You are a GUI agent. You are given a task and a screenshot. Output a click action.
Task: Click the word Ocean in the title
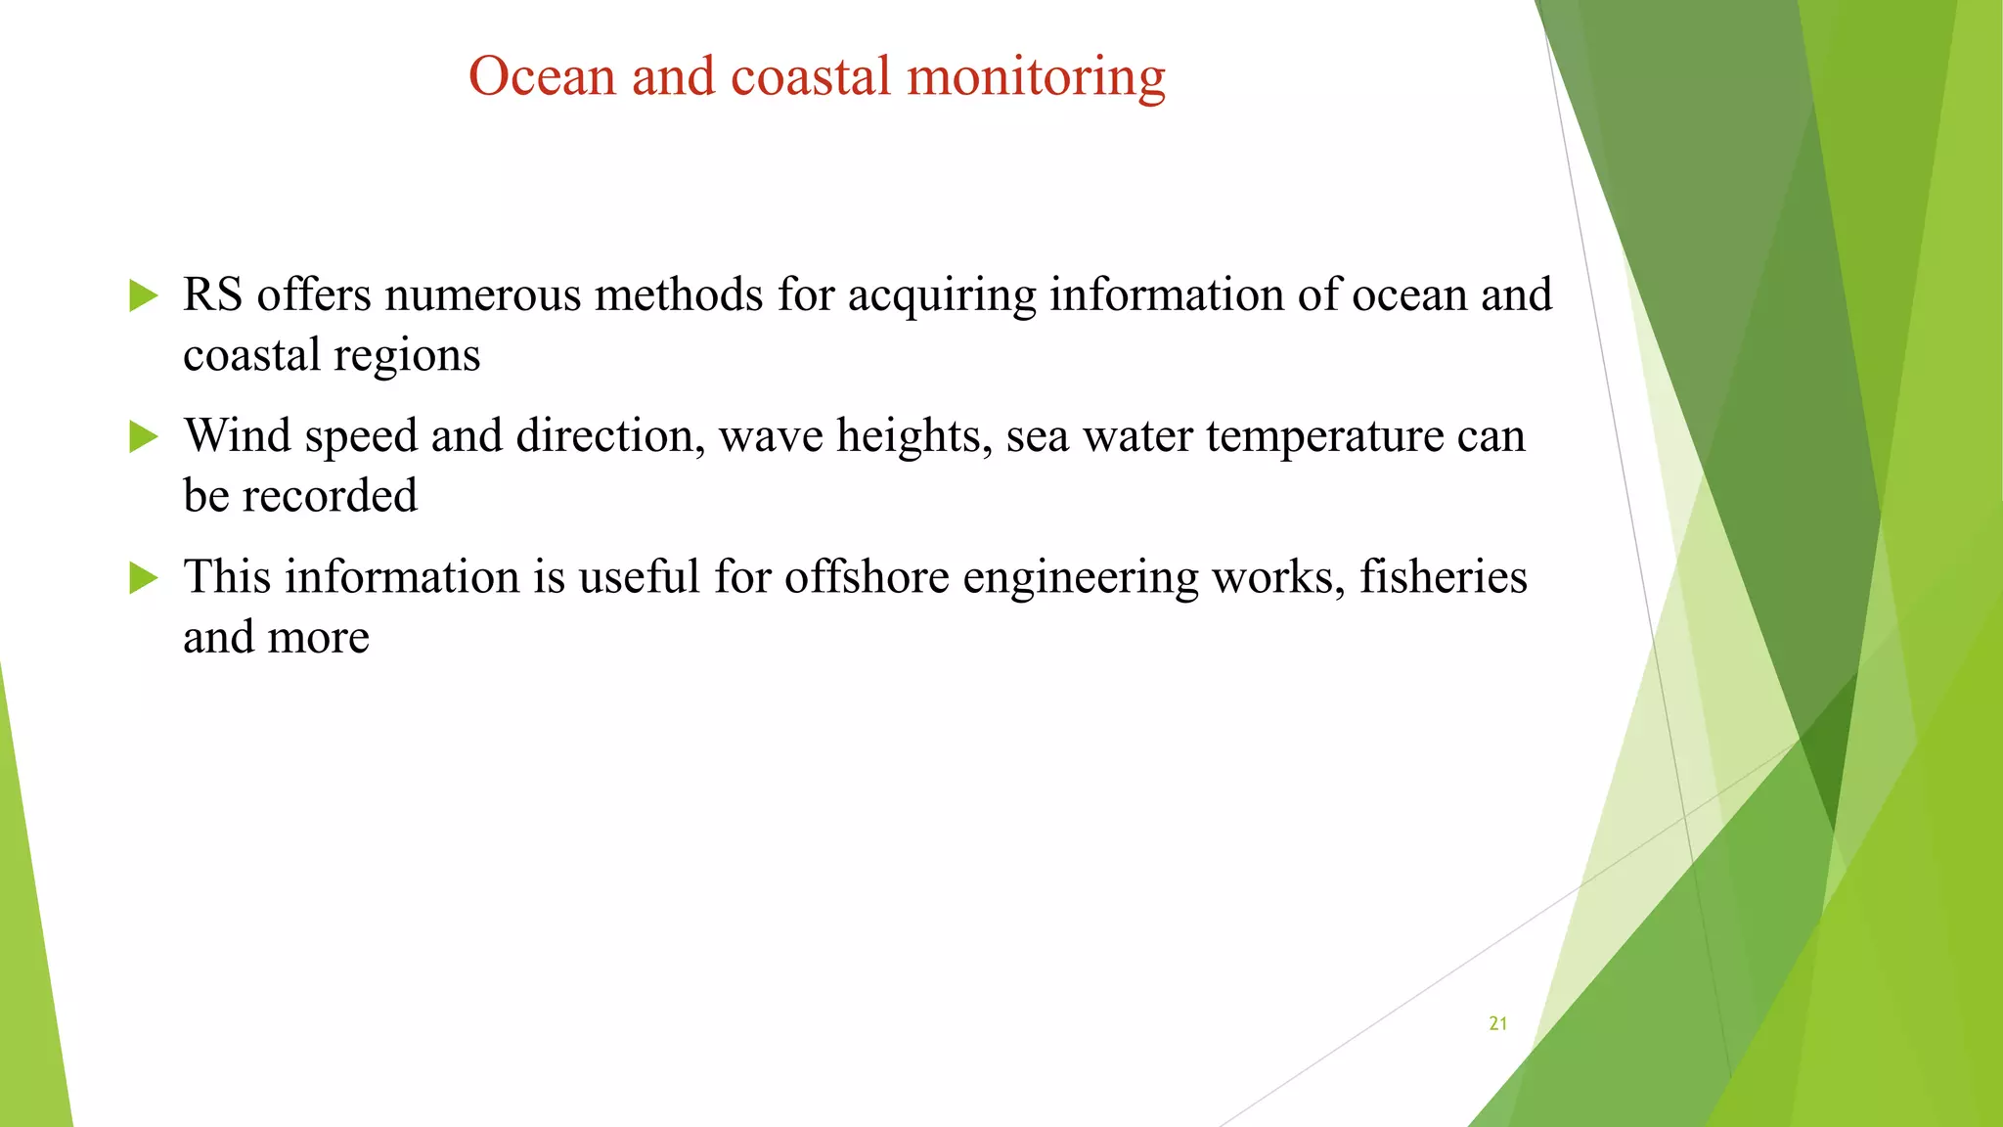tap(542, 76)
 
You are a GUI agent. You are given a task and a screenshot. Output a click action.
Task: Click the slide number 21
tap(1497, 1023)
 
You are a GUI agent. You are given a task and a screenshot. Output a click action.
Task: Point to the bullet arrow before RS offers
tap(143, 295)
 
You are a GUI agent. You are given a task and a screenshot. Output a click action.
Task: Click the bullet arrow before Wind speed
tap(143, 436)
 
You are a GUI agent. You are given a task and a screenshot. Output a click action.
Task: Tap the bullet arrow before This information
tap(143, 577)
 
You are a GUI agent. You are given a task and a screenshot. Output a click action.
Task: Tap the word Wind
tap(238, 436)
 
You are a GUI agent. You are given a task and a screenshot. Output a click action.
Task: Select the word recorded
tap(330, 496)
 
